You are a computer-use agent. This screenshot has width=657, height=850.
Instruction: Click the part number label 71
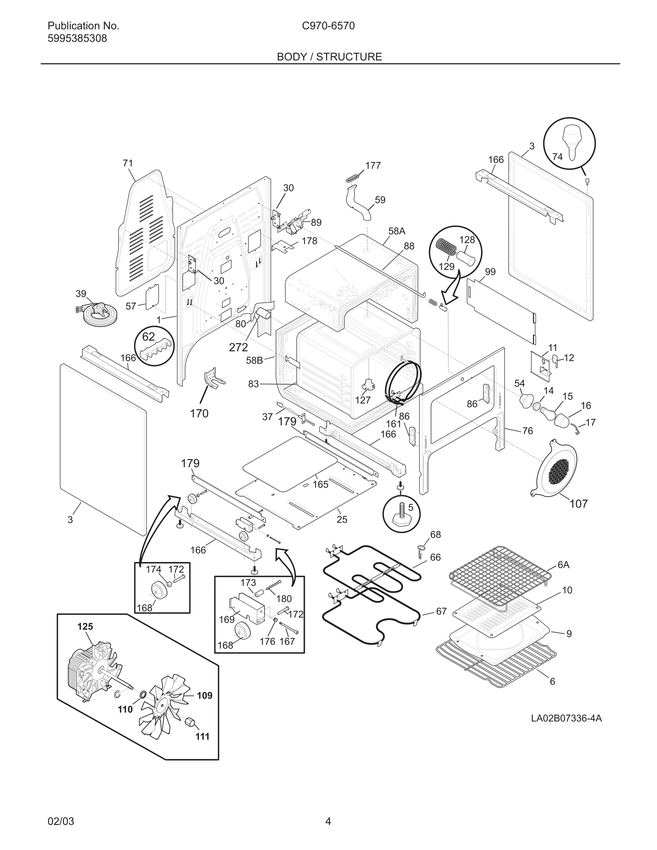click(128, 163)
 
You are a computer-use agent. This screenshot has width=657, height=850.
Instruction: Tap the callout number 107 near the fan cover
click(578, 504)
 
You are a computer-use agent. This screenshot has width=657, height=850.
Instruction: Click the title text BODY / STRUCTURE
click(329, 57)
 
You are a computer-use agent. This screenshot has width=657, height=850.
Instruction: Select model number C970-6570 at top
click(328, 26)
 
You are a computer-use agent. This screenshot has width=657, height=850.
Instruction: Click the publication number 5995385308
click(77, 39)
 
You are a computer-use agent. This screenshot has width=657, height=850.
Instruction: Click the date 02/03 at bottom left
click(61, 822)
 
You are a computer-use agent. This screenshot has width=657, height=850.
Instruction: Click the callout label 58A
click(396, 231)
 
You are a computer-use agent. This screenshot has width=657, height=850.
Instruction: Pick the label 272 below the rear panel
click(238, 347)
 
